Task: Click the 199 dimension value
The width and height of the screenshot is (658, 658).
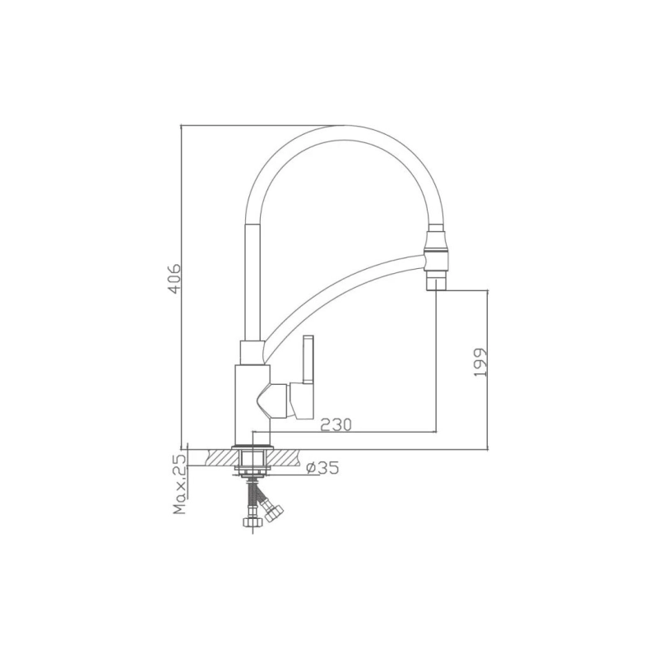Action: coord(479,362)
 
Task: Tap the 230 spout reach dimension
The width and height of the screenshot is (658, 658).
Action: coord(336,425)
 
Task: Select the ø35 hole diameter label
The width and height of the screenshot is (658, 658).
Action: coord(322,467)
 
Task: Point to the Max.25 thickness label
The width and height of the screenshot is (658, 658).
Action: coord(180,484)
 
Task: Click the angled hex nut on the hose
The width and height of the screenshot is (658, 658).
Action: coord(273,512)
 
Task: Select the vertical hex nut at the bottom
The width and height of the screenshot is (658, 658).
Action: coord(253,521)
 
